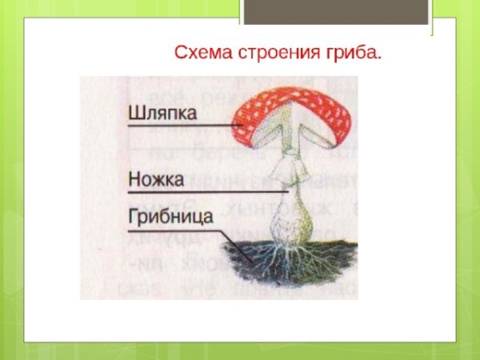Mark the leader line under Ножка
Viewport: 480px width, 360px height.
coord(208,193)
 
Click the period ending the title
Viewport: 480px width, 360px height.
coord(378,58)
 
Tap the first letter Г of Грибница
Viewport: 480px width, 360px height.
coord(134,218)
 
